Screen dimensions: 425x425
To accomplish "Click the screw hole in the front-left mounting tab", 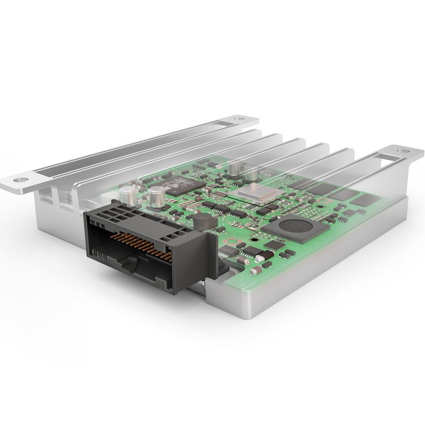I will pos(21,180).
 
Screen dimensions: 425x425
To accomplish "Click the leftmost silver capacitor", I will pos(128,193).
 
